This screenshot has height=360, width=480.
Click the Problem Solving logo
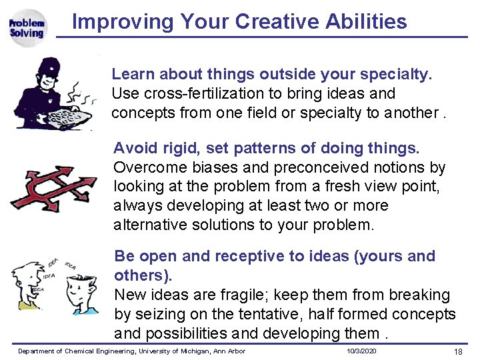(27, 28)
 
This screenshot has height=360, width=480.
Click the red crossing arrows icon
(54, 186)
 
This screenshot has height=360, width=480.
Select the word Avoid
(133, 147)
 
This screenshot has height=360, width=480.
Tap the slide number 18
(458, 351)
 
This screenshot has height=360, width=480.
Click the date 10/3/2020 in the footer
(362, 351)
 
